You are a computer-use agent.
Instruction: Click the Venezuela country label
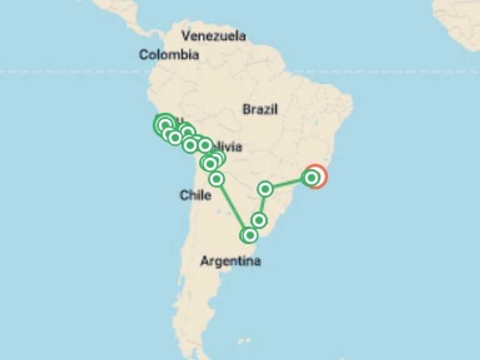click(x=213, y=36)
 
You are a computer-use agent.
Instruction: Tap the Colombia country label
click(x=169, y=55)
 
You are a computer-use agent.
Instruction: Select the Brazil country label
click(x=260, y=110)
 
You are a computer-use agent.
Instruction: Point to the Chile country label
click(x=195, y=196)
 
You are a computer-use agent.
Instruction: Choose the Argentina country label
click(x=230, y=261)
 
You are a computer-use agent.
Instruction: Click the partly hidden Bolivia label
click(x=229, y=147)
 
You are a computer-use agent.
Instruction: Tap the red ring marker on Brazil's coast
click(x=317, y=176)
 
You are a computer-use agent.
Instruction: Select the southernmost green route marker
click(x=249, y=235)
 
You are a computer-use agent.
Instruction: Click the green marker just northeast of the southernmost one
click(x=259, y=220)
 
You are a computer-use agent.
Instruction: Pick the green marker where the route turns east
click(x=266, y=188)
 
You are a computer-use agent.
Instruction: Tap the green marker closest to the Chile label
click(x=216, y=179)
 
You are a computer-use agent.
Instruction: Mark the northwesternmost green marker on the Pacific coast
click(x=164, y=123)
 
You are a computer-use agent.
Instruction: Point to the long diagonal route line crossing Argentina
click(x=232, y=207)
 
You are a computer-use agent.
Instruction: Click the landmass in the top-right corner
click(x=459, y=19)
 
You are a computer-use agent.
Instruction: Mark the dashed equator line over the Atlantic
click(x=387, y=72)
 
